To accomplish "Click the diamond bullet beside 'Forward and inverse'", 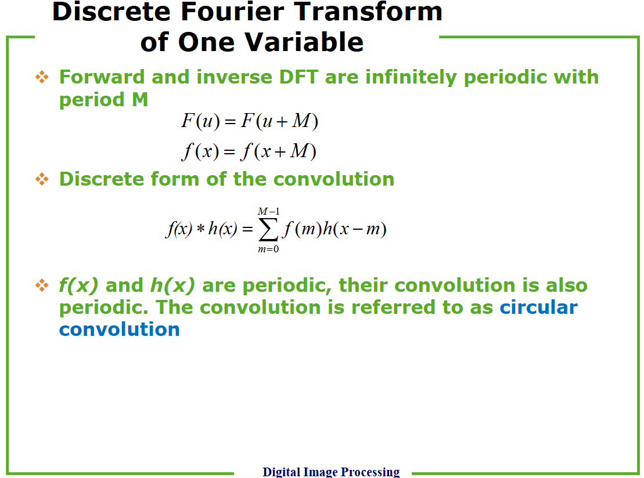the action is (42, 77).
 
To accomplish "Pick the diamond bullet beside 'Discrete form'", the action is (42, 179).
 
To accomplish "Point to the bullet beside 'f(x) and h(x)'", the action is (42, 285).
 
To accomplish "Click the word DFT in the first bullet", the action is (298, 77).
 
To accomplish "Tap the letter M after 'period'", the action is (140, 99).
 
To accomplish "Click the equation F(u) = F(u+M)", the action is (250, 121).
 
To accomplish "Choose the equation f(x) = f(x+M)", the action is (249, 151).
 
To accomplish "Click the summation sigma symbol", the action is (268, 230).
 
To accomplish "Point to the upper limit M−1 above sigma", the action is (269, 211).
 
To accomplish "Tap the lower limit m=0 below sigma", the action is (268, 249).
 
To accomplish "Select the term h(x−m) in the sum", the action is (354, 229).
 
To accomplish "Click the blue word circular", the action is (538, 307).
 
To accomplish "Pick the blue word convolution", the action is (120, 329).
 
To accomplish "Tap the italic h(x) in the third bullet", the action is (172, 285).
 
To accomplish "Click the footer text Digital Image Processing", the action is (331, 472).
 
